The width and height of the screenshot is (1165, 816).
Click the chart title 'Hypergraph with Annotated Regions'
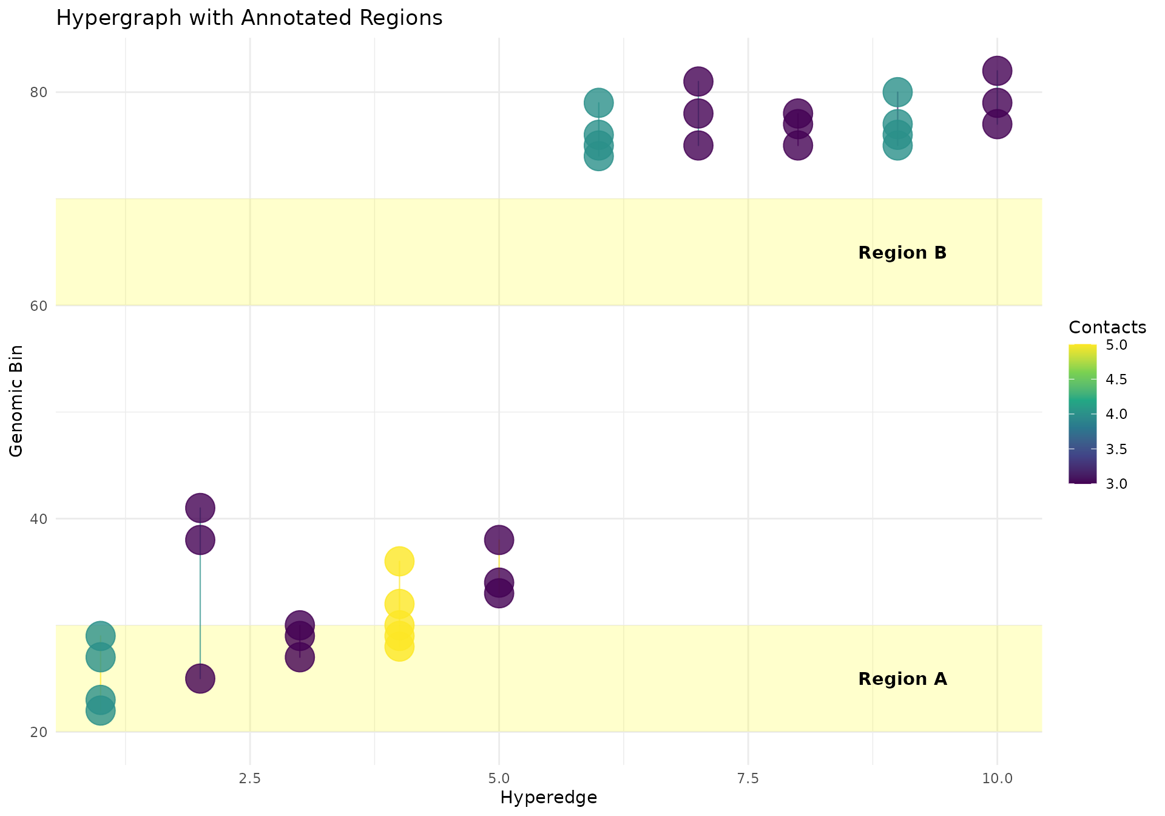click(x=249, y=18)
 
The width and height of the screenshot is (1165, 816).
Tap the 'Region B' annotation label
click(x=902, y=253)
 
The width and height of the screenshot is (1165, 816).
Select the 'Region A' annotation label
click(x=902, y=679)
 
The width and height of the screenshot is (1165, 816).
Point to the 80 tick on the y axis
click(x=39, y=92)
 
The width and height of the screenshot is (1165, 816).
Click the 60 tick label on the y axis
click(x=39, y=305)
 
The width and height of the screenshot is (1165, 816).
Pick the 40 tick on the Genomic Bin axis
click(x=39, y=519)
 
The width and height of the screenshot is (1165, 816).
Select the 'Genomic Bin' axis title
click(x=17, y=401)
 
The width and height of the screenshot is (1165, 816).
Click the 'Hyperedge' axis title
click(x=549, y=798)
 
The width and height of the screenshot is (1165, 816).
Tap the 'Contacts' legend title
click(x=1107, y=328)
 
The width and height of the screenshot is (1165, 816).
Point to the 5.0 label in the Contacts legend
click(x=1116, y=345)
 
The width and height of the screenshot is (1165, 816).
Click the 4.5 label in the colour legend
click(x=1116, y=379)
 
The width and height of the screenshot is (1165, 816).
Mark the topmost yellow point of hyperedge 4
click(x=399, y=561)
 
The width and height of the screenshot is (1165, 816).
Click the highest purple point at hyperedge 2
click(x=200, y=508)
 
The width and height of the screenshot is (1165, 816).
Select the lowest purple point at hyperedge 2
click(x=200, y=678)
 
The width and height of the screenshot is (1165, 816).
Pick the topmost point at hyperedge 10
click(x=997, y=70)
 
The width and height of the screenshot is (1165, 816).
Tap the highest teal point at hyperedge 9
click(x=897, y=92)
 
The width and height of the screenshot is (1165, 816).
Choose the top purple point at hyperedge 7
click(x=698, y=81)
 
